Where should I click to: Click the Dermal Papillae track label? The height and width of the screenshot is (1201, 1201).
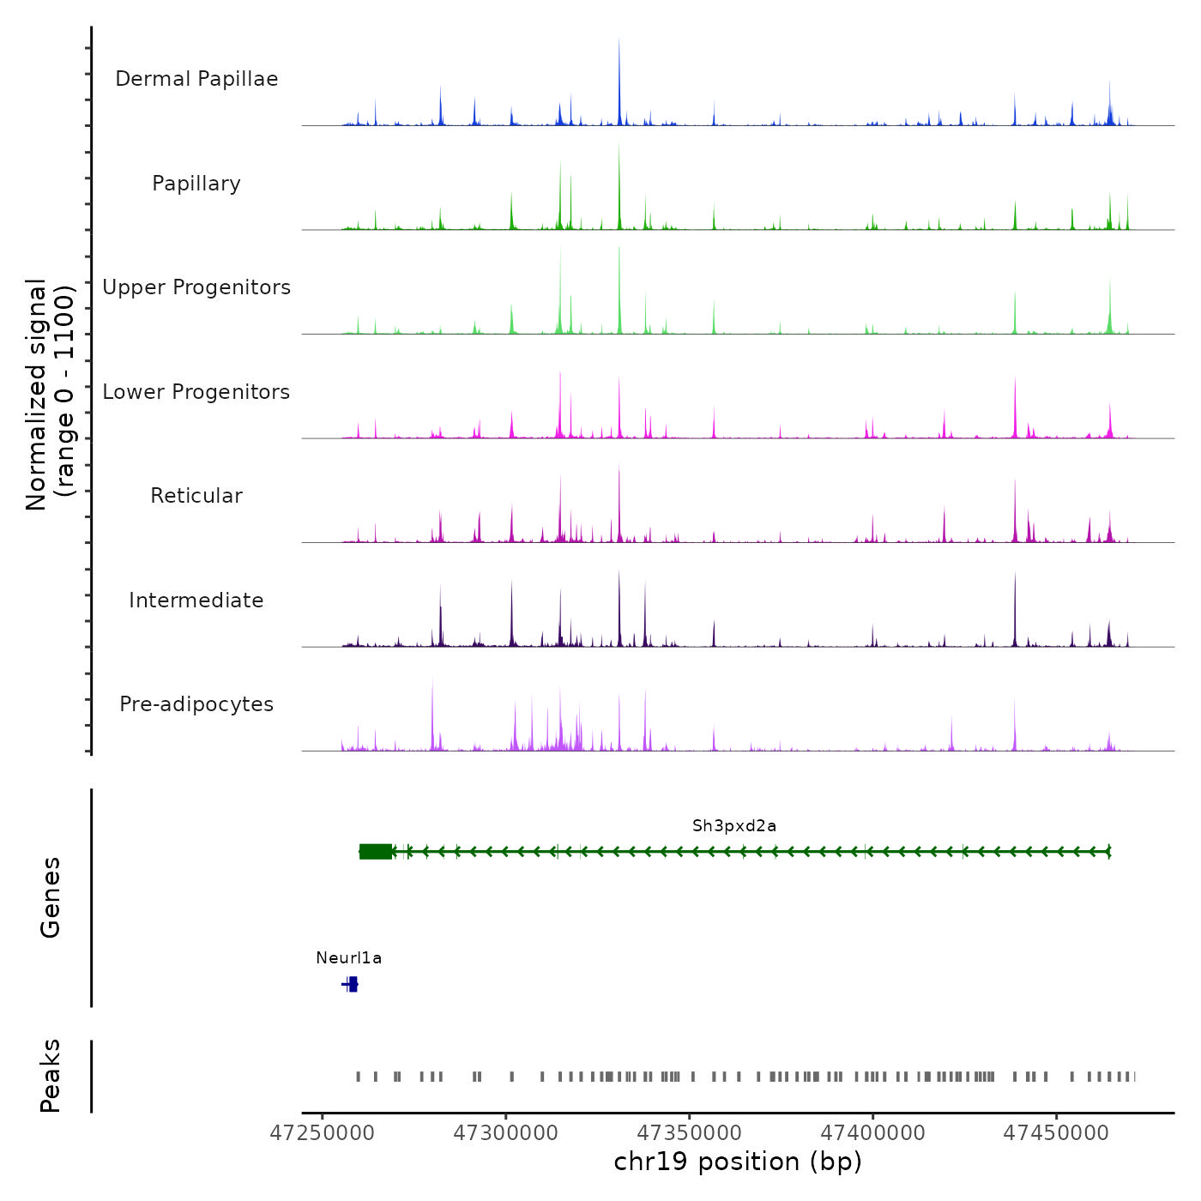196,79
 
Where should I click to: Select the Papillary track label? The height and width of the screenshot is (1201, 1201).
196,184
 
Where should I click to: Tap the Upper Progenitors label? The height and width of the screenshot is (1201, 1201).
196,287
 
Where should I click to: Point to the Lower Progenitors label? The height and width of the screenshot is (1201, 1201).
196,392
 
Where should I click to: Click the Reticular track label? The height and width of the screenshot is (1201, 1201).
196,496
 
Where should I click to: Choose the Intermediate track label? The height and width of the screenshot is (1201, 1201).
196,600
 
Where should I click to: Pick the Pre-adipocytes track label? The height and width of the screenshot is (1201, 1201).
196,704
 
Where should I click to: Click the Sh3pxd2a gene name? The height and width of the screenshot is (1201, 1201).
734,826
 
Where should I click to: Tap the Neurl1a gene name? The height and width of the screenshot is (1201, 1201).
348,958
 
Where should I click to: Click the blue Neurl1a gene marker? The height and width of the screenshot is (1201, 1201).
352,984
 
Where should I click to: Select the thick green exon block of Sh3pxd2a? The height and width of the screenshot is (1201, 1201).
376,851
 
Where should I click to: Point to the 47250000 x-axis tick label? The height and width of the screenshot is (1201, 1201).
323,1133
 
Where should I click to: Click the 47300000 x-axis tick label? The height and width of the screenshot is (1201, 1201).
506,1133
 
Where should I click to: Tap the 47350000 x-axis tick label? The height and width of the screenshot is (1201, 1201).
690,1133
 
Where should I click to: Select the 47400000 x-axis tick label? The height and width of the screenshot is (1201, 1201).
873,1133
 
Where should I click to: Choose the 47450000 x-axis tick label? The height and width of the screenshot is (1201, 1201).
1057,1133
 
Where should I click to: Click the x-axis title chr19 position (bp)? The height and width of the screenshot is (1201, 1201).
738,1162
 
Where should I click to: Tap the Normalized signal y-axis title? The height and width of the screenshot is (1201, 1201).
51,395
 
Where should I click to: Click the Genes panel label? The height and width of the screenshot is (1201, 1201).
51,897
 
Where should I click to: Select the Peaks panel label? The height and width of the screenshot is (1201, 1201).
51,1076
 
